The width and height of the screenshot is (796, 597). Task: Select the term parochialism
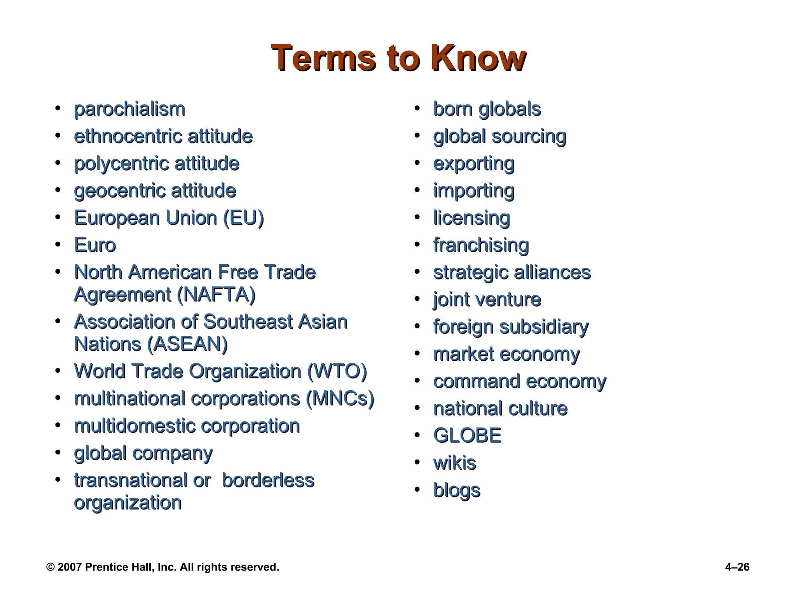pos(129,109)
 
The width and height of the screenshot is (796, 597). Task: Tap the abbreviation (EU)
pos(244,218)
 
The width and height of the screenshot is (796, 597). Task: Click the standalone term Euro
pos(95,245)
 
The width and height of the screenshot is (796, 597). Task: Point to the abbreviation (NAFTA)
pos(216,295)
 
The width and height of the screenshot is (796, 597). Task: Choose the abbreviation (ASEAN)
pos(188,344)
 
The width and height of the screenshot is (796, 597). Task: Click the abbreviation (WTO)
pos(337,371)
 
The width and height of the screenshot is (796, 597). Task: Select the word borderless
pos(268,480)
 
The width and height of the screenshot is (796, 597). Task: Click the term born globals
pos(487,109)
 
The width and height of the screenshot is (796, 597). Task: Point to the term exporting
pos(474,164)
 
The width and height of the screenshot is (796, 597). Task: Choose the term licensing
pos(471,218)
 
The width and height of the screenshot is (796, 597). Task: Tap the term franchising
pos(481,245)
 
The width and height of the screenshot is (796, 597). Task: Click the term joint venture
pos(487,300)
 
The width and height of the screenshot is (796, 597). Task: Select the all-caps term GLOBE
pos(467,436)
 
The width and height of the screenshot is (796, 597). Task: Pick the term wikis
pos(455,463)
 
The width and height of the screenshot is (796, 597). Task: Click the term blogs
pos(457,491)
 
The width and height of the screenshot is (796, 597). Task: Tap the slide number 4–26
pos(737,567)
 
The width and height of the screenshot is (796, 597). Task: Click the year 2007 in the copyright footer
pos(70,567)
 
